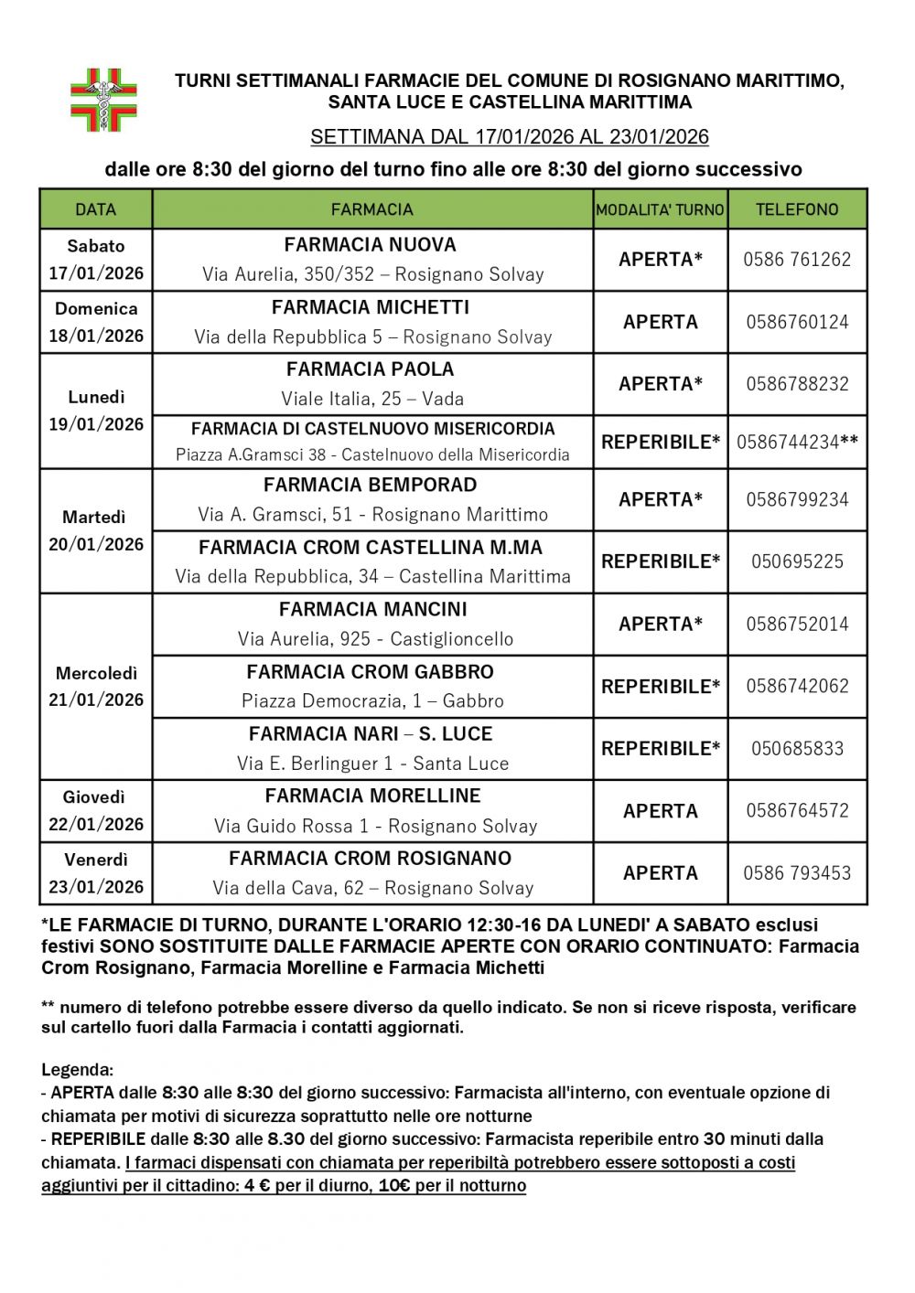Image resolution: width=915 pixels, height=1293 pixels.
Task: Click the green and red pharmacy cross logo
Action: coord(104,100)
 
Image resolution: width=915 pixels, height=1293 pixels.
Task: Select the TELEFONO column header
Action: coord(797,209)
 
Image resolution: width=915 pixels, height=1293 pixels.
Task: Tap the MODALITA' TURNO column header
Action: coord(660,209)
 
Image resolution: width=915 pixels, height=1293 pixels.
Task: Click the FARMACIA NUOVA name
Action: coord(371,245)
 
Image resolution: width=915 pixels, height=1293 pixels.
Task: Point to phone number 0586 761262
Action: coord(797,260)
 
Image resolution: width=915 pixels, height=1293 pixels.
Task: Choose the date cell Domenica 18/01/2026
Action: coord(96,322)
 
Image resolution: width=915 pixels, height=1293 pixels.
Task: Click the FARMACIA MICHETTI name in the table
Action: coord(371,307)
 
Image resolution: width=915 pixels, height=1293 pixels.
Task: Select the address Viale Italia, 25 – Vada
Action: coord(372,399)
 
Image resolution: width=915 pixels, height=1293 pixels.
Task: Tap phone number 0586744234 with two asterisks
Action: coord(797,443)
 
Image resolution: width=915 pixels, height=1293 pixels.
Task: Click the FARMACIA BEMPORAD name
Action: coord(371,485)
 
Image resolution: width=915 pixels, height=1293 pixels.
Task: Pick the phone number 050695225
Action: coord(797,561)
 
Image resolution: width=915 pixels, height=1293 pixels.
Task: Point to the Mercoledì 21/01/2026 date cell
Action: coord(96,686)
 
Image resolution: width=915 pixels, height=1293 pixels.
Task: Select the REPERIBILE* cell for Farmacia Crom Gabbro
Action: coord(661,686)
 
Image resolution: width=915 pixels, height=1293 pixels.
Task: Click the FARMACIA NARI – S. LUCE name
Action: coord(371,733)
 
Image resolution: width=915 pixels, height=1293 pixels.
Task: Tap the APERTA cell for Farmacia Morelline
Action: coord(661,811)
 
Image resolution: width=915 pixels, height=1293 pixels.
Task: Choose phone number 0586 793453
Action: coord(797,873)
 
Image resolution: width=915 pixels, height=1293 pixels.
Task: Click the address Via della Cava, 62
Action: coord(372,888)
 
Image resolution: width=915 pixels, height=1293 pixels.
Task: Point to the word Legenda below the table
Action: coord(77,1069)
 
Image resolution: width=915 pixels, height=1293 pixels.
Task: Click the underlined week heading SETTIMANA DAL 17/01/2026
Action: coord(510,137)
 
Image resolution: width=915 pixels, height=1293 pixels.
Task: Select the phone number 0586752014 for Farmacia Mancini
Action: coord(797,625)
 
